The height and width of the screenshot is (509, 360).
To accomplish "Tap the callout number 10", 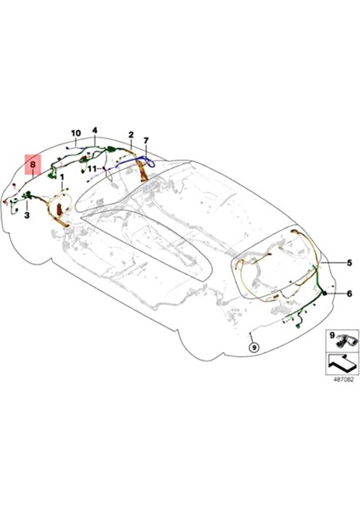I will pyautogui.click(x=76, y=133).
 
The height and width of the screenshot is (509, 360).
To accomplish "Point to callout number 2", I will pyautogui.click(x=132, y=135).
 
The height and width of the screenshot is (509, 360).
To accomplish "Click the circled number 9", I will pyautogui.click(x=253, y=347).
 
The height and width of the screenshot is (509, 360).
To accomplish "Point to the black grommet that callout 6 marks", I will pyautogui.click(x=323, y=293).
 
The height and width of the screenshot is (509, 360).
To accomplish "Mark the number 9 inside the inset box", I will pyautogui.click(x=332, y=336).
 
